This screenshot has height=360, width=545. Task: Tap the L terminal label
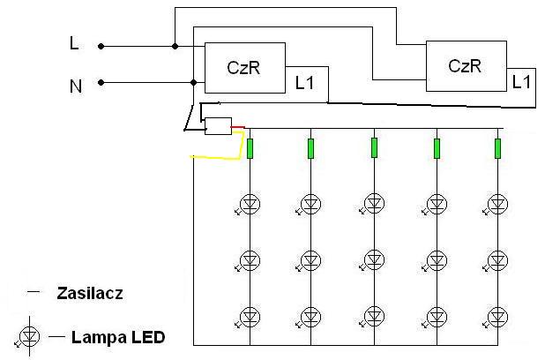point(74,43)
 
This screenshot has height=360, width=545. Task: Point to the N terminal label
point(76,86)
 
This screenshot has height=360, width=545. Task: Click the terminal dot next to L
point(101,46)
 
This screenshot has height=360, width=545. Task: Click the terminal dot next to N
point(101,82)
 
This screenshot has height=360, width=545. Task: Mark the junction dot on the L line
point(175,46)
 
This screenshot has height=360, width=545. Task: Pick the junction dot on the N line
point(194,82)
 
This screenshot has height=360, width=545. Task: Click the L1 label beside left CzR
point(304,83)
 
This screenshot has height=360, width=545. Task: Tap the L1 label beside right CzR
point(521,82)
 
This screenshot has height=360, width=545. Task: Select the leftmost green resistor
point(250,148)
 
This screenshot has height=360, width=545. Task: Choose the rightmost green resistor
point(497,148)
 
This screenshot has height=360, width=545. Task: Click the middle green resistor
point(374,148)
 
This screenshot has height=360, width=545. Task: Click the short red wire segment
point(238,128)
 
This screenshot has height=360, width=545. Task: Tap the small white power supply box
point(218,126)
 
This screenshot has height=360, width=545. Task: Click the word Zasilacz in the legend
point(90,293)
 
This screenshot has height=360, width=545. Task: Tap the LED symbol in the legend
point(28,337)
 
